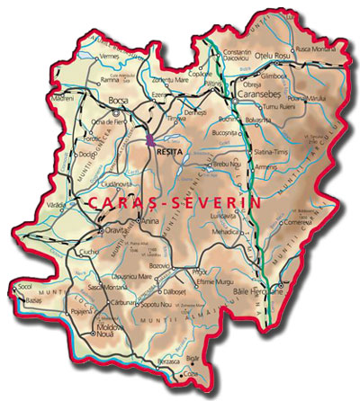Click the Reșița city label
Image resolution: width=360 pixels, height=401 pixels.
point(168,153)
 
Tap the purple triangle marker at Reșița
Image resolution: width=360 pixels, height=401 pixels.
point(150,139)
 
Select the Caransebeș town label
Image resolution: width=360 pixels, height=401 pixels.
point(258,94)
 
